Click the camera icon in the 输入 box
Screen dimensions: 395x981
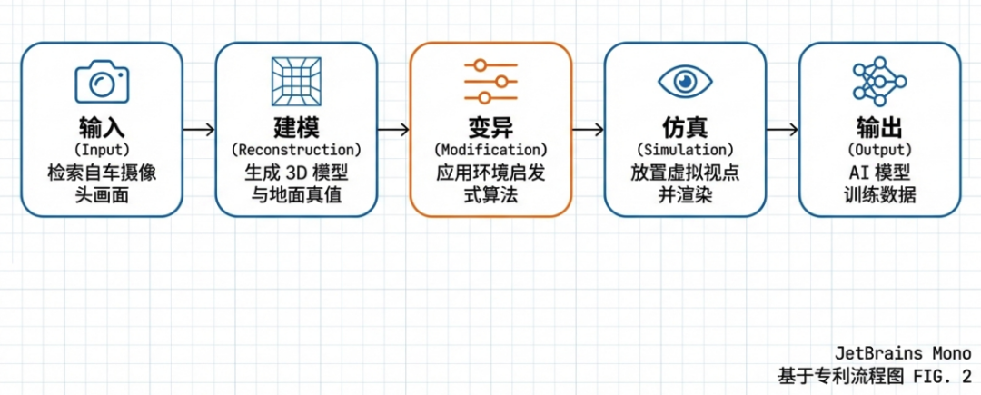[102, 82]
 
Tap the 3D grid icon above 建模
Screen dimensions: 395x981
[296, 82]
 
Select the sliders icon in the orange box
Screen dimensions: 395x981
[490, 82]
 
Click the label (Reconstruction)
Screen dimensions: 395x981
[296, 149]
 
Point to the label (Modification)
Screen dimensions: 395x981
[490, 149]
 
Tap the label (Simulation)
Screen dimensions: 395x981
[685, 149]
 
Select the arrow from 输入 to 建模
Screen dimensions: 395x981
[199, 129]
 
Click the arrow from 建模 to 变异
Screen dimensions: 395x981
[393, 129]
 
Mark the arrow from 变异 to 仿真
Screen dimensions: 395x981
[588, 129]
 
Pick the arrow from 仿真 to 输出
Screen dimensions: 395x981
[782, 129]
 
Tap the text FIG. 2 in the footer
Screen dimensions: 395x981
[941, 374]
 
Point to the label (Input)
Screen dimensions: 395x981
[102, 149]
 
